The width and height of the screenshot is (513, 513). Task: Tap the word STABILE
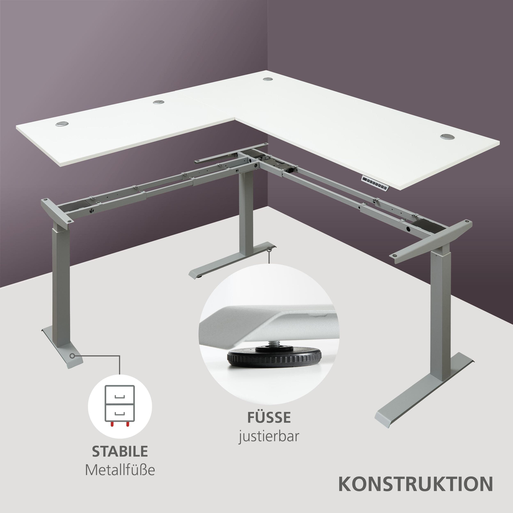[120, 451]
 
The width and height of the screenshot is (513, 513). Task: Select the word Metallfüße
[120, 469]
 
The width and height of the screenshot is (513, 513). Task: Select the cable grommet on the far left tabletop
[62, 124]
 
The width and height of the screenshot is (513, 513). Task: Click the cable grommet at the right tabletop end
[447, 136]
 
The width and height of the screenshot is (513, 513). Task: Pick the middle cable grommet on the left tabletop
[159, 102]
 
